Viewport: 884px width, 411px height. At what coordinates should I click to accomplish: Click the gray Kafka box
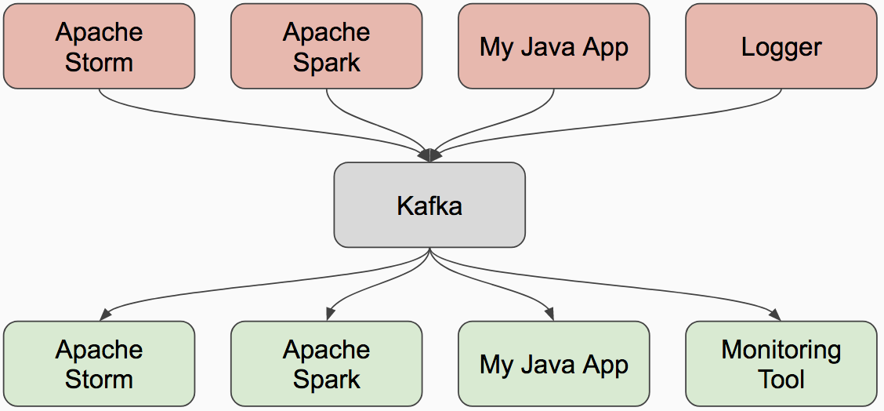[429, 205]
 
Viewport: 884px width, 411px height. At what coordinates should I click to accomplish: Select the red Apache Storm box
[99, 46]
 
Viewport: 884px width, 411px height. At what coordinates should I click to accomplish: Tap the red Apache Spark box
[326, 46]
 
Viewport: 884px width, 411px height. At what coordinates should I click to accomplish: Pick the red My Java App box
[553, 46]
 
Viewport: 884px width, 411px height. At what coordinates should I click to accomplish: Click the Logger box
[781, 46]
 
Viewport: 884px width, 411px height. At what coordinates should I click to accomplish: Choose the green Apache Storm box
[99, 364]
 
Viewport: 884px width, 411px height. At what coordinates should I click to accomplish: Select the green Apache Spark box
[326, 364]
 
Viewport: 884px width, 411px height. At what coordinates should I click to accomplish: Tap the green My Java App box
[553, 364]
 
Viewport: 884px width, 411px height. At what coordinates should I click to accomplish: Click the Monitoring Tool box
[781, 364]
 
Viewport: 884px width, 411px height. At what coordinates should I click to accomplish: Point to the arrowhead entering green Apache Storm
[104, 314]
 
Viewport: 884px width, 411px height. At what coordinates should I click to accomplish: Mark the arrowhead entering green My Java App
[549, 314]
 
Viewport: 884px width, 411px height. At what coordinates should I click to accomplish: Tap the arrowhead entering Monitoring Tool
[776, 314]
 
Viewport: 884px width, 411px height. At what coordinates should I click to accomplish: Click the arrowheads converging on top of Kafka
[429, 155]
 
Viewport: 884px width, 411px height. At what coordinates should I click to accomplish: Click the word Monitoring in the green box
[781, 350]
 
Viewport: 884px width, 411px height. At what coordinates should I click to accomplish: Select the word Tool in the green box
[781, 380]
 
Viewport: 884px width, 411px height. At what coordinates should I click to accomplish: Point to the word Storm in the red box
[99, 62]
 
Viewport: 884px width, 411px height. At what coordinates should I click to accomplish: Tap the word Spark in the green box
[326, 380]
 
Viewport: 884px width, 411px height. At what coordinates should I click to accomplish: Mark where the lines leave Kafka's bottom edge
[429, 250]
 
